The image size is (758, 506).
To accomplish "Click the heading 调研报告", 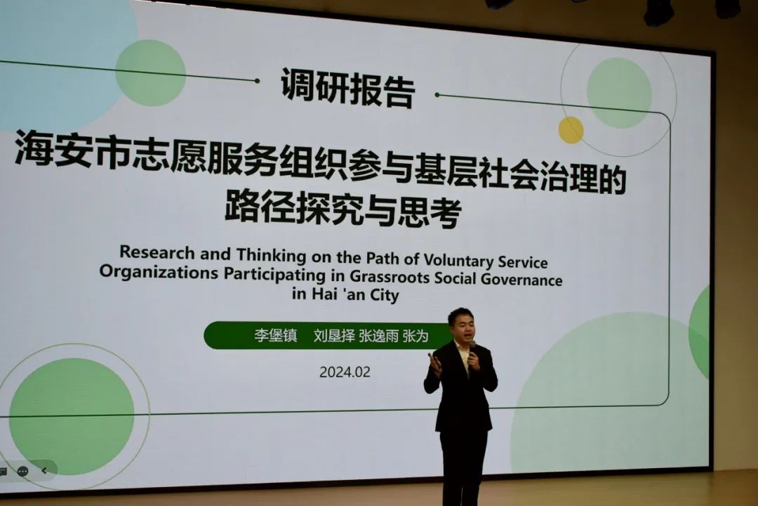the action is click(348, 88).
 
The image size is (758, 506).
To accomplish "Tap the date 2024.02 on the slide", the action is click(345, 372).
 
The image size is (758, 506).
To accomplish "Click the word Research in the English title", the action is click(157, 252).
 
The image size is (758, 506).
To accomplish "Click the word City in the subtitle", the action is click(385, 295).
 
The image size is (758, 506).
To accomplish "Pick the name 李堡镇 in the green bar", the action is click(276, 335).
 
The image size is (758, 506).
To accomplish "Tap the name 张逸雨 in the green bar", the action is click(378, 336).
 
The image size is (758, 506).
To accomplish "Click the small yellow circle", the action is click(571, 130).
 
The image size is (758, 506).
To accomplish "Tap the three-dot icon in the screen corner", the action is click(22, 471).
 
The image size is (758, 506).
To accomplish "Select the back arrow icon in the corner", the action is click(44, 471).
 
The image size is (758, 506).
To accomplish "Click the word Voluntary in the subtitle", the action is click(458, 261).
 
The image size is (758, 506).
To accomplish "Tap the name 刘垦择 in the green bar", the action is click(334, 335).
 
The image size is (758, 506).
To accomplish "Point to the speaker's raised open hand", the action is click(434, 363).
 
